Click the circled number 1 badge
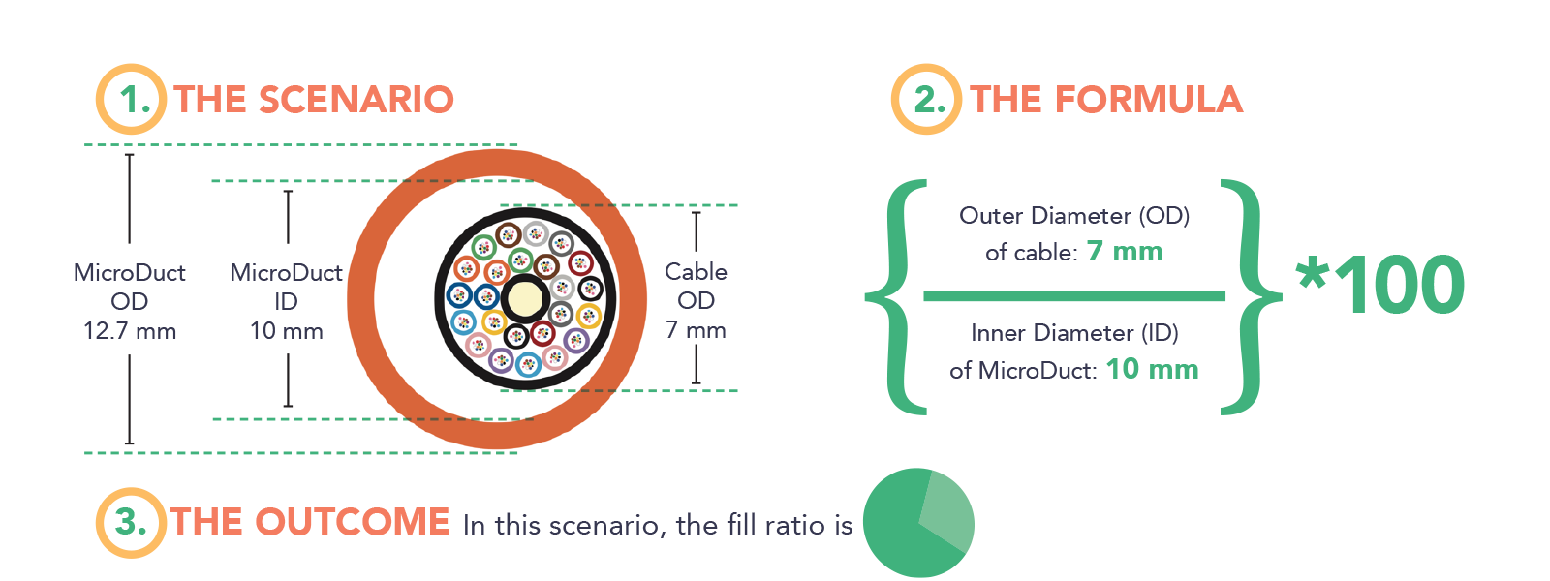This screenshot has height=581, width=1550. click(x=131, y=99)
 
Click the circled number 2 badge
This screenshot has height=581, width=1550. click(x=926, y=99)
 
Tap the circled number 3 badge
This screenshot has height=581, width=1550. click(x=131, y=522)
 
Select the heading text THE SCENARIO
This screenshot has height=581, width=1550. click(x=314, y=100)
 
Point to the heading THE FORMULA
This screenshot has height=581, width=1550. click(x=1106, y=100)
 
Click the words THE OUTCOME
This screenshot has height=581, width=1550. click(x=310, y=522)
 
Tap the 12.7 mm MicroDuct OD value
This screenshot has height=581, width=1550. click(x=130, y=331)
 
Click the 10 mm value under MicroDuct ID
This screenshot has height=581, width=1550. click(x=286, y=331)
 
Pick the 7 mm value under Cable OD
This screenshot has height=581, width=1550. click(x=696, y=330)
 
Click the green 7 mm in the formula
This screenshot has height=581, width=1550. click(x=1124, y=252)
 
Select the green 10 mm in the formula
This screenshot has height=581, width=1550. click(x=1152, y=369)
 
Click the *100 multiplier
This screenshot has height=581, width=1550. click(x=1380, y=285)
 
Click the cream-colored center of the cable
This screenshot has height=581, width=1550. click(x=524, y=297)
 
